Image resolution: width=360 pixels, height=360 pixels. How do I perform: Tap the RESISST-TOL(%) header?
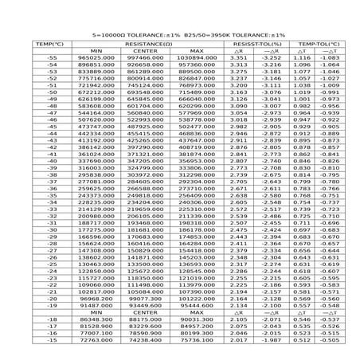[253, 45]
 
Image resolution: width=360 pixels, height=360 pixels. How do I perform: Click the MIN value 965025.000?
[96, 58]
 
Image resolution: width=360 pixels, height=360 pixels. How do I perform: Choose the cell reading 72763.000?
[96, 339]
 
